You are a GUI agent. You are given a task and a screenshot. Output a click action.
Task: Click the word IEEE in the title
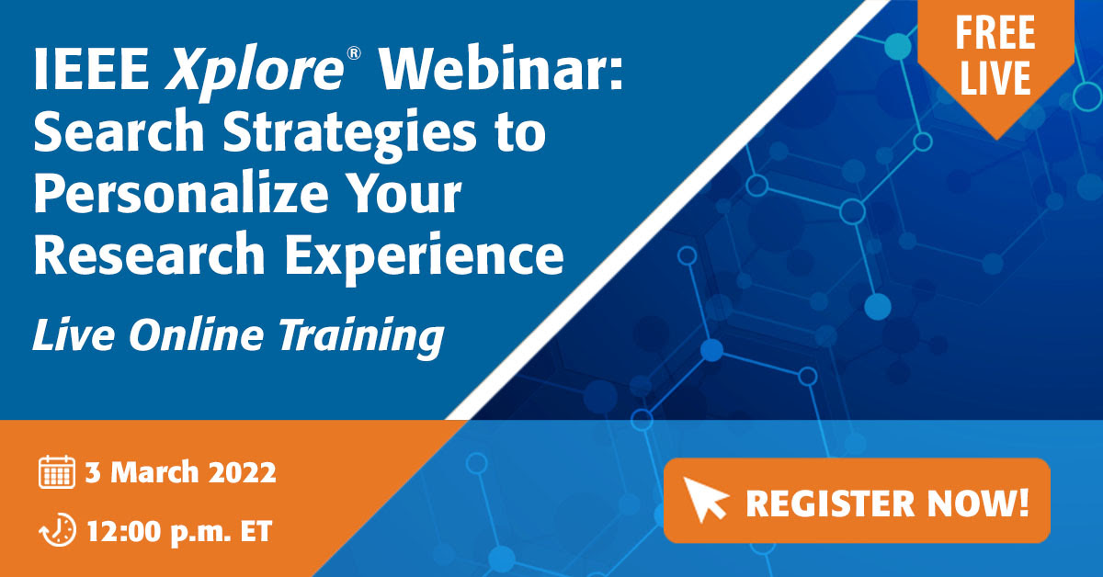tap(91, 69)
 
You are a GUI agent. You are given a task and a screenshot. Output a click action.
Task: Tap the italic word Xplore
tap(255, 73)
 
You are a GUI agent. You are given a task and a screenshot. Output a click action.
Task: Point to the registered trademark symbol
tap(354, 53)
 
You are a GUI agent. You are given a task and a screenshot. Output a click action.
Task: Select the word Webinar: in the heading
tap(500, 69)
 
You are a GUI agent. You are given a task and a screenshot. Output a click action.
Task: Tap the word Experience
tap(425, 256)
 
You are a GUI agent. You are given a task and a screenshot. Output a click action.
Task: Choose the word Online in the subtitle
tap(197, 334)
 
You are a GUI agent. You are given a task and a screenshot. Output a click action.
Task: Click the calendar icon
tap(57, 472)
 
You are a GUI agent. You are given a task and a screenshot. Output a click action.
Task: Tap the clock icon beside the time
tap(58, 530)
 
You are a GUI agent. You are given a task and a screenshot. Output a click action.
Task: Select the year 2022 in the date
tap(243, 472)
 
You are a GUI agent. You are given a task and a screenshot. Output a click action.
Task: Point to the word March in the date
tap(154, 472)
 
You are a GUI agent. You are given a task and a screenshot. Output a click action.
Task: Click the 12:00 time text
tap(125, 532)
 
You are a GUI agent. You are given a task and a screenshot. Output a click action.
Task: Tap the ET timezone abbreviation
tap(256, 532)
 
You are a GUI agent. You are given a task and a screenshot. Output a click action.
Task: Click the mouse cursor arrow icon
tap(705, 499)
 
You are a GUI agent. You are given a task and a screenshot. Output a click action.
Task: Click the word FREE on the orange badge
tap(995, 32)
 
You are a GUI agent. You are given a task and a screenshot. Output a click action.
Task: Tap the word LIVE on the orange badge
tap(995, 77)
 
